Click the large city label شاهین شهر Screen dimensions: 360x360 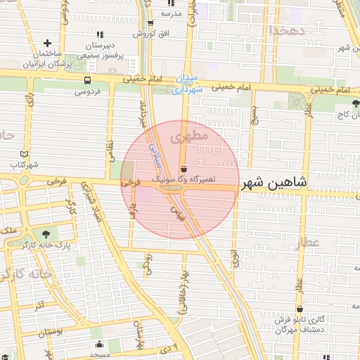[x=276, y=184]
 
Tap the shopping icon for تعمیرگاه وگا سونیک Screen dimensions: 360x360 [x=184, y=169]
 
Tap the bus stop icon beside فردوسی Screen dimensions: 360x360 [x=87, y=80]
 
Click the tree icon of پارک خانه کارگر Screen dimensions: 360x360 [x=46, y=233]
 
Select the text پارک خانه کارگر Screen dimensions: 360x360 [x=46, y=246]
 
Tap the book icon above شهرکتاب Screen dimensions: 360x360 [x=26, y=154]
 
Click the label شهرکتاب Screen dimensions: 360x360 [x=25, y=165]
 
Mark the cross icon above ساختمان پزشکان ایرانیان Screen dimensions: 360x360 [x=48, y=44]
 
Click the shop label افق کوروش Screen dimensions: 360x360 [x=143, y=34]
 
